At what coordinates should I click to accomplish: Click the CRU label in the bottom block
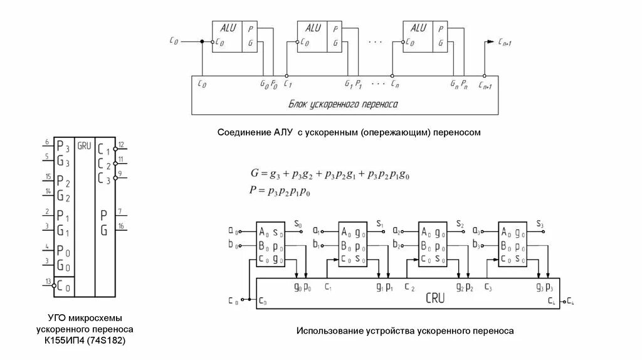[433, 299]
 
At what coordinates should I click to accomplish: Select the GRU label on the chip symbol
[84, 146]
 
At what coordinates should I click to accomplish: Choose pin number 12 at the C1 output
[121, 145]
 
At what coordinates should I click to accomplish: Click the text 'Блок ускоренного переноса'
[343, 104]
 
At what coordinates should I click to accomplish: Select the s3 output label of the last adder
[540, 224]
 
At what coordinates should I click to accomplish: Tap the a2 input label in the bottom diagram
[397, 230]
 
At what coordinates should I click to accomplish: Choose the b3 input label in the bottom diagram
[476, 244]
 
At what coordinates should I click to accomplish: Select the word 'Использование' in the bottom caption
[327, 330]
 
